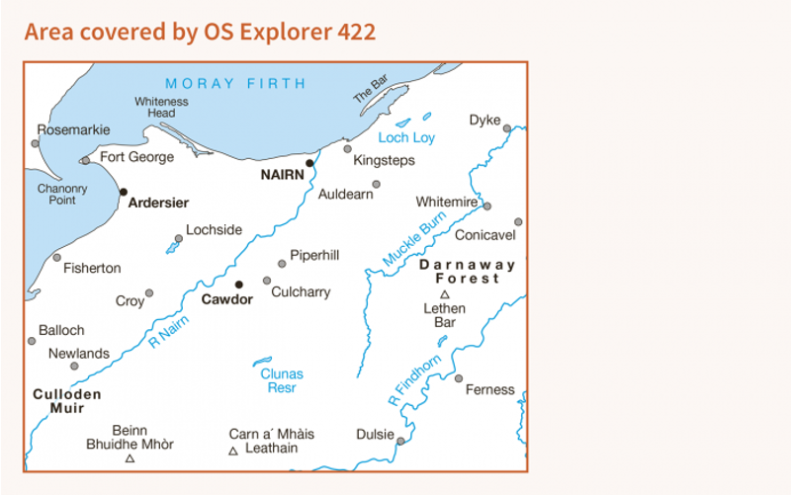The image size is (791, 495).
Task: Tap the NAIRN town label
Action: (x=282, y=174)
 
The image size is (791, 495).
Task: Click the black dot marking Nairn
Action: (x=309, y=163)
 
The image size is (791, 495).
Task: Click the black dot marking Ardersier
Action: (x=123, y=192)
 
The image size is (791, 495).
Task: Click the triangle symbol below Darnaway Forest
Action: (x=444, y=294)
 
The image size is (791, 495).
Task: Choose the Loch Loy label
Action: (x=406, y=137)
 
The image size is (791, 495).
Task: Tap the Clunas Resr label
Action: (x=282, y=381)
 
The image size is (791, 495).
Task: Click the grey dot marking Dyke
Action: (x=506, y=128)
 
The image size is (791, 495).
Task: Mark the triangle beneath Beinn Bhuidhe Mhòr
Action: (x=130, y=458)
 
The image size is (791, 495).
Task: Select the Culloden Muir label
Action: (x=67, y=400)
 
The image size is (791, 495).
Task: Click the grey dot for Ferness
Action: (x=458, y=378)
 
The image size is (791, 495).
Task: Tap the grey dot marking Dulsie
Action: (x=399, y=442)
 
